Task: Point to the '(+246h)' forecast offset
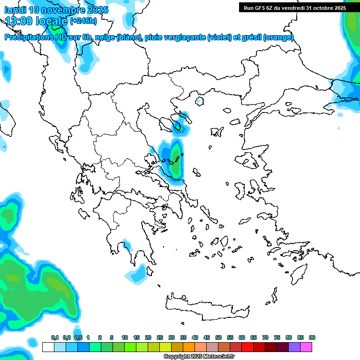83,21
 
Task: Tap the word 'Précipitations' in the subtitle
29,37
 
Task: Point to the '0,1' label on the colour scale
54,338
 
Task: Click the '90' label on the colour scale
312,338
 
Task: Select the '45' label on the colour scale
207,338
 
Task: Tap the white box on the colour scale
48,347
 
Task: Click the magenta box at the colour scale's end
306,347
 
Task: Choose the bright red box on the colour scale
247,347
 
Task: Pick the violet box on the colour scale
294,347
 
